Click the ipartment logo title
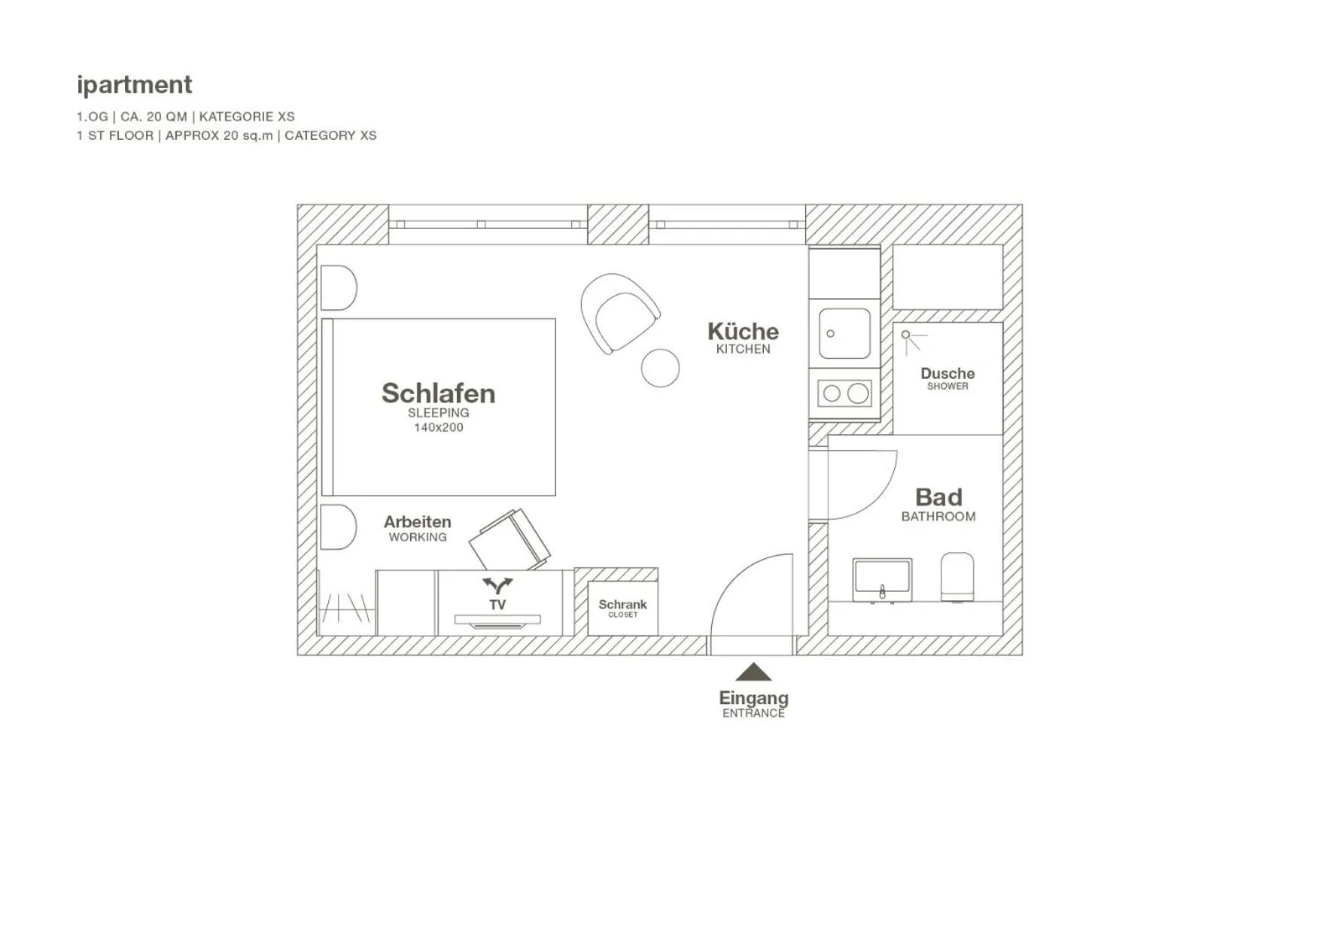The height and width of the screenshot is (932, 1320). click(135, 84)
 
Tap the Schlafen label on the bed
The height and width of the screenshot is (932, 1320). click(438, 393)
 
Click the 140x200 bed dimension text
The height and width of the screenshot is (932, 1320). click(439, 427)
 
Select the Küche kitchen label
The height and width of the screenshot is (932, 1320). click(743, 332)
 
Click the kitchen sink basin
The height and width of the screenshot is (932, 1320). click(844, 333)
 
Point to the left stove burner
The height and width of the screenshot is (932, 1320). click(832, 393)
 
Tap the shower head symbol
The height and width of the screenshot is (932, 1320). click(907, 335)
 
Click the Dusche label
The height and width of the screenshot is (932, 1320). click(947, 374)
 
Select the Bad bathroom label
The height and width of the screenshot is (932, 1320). click(938, 497)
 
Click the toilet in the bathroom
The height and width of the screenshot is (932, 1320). click(957, 576)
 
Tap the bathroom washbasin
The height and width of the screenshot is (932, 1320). click(882, 578)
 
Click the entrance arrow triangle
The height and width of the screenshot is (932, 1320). click(753, 672)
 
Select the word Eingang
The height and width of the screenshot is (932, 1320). click(753, 698)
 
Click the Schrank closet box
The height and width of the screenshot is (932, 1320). click(622, 608)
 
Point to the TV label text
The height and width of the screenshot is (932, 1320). click(497, 605)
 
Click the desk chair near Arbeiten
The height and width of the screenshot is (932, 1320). click(509, 540)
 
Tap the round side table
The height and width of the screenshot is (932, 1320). click(660, 369)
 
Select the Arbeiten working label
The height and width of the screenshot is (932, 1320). click(418, 522)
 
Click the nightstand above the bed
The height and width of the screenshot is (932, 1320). click(338, 287)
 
